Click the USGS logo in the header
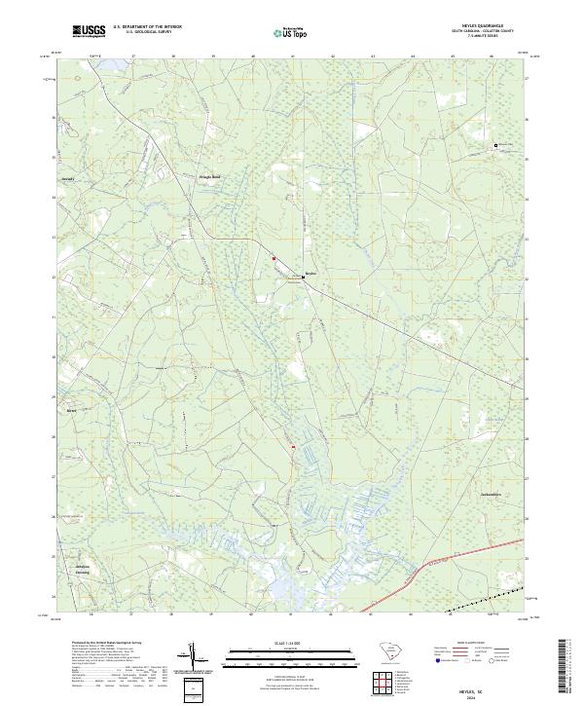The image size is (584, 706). [89, 31]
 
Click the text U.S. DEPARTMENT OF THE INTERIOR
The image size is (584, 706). [147, 26]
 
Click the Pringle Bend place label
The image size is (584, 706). [210, 176]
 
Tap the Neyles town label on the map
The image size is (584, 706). [310, 274]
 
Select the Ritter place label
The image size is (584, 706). [70, 412]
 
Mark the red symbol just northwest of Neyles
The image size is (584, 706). [274, 258]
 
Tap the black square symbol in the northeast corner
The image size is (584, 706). [496, 145]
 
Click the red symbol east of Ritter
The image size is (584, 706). [291, 447]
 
